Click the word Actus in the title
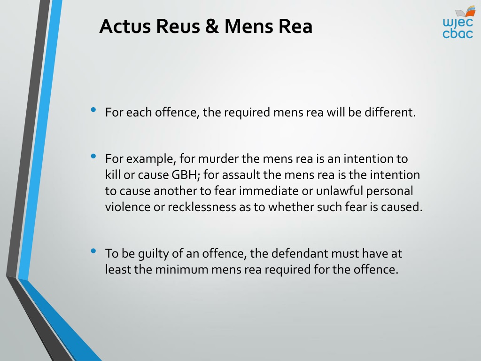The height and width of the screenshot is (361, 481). [x=125, y=26]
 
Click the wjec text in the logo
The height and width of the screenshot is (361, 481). [x=458, y=23]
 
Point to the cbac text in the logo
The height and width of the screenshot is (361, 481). [x=458, y=33]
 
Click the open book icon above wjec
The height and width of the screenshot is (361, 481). [x=465, y=12]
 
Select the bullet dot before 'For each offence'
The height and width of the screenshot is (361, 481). [x=93, y=110]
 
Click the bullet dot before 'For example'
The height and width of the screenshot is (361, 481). [x=93, y=156]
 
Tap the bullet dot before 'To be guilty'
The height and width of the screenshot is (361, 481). [x=93, y=251]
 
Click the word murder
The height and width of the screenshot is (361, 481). [x=218, y=159]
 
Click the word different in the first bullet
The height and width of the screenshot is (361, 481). [x=390, y=112]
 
